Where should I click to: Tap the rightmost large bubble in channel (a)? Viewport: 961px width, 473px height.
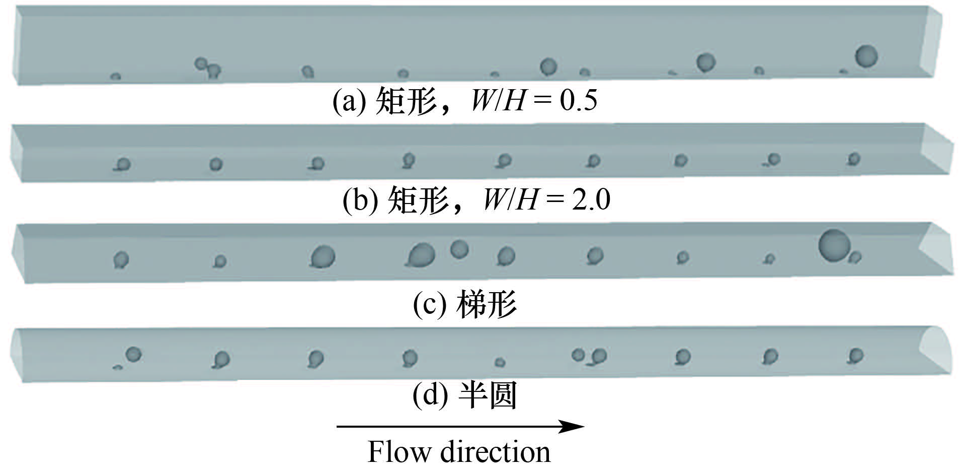point(866,56)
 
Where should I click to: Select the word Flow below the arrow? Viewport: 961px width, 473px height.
point(399,452)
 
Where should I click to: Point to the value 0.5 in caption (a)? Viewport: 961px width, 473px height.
point(579,101)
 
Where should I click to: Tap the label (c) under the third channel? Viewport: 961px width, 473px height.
point(429,304)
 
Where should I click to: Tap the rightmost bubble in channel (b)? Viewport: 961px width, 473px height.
point(853,159)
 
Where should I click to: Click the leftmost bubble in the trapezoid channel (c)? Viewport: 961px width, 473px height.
point(121,260)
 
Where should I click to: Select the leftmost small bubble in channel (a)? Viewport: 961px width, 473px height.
point(115,77)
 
